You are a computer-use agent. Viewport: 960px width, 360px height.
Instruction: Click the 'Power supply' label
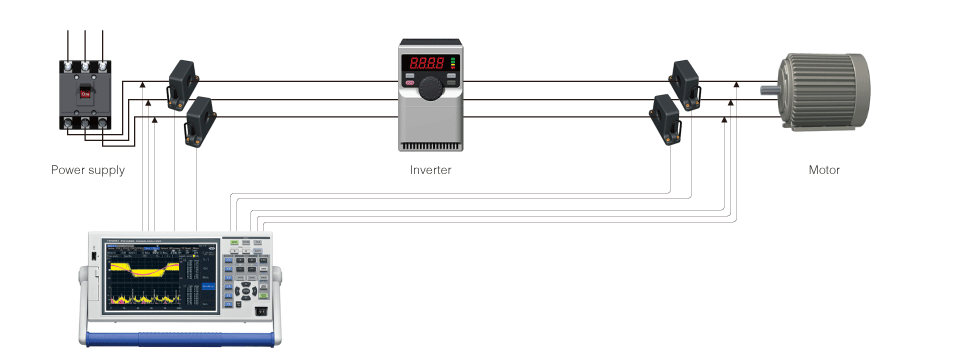88,170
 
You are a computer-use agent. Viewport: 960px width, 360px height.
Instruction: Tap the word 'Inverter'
431,170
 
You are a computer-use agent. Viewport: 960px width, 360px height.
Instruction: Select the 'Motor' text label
824,170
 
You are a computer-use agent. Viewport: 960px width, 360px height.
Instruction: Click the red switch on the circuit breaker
86,96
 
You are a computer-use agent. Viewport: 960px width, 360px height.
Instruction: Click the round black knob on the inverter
431,88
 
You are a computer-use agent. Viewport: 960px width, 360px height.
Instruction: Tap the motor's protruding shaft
770,92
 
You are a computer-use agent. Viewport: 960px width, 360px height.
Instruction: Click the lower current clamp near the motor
667,116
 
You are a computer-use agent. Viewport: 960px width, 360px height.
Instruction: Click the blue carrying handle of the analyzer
180,341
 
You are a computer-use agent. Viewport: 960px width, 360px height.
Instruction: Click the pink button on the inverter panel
410,81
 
